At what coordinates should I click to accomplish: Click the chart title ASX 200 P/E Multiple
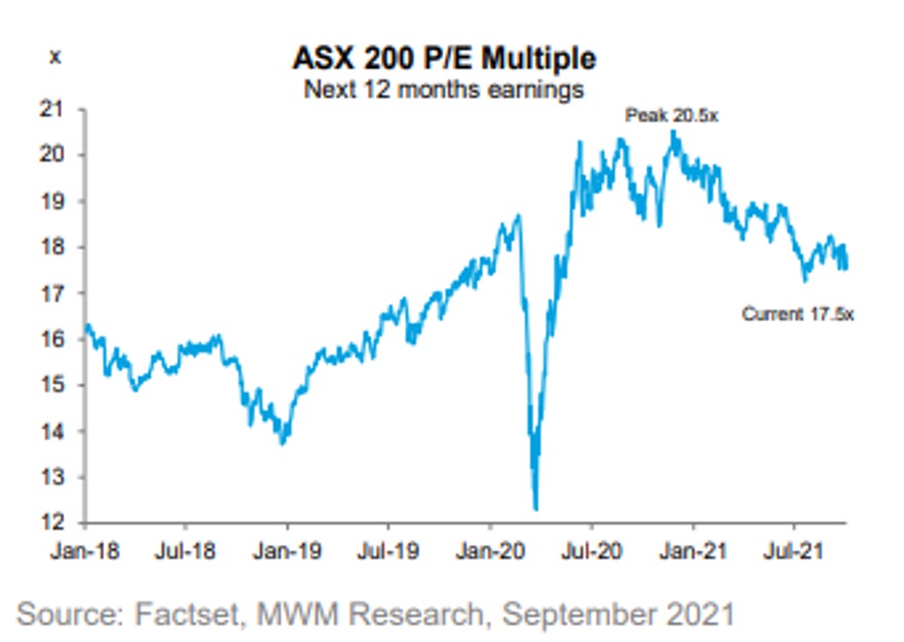[443, 59]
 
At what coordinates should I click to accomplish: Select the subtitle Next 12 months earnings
[443, 90]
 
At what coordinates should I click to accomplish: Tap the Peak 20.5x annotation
[672, 116]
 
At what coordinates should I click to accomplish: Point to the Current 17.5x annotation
[797, 313]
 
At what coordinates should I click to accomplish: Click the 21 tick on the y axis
[62, 109]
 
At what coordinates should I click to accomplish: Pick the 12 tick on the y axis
[62, 523]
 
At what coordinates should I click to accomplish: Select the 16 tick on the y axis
[62, 339]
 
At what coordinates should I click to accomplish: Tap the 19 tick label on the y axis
[62, 201]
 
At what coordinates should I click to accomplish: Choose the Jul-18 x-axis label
[185, 553]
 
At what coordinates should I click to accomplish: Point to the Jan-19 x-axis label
[287, 553]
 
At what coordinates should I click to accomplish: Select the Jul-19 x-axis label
[388, 553]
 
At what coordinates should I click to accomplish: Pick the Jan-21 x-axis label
[692, 553]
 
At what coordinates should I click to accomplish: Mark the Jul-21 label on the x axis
[793, 553]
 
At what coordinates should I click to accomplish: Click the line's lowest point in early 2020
[536, 509]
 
